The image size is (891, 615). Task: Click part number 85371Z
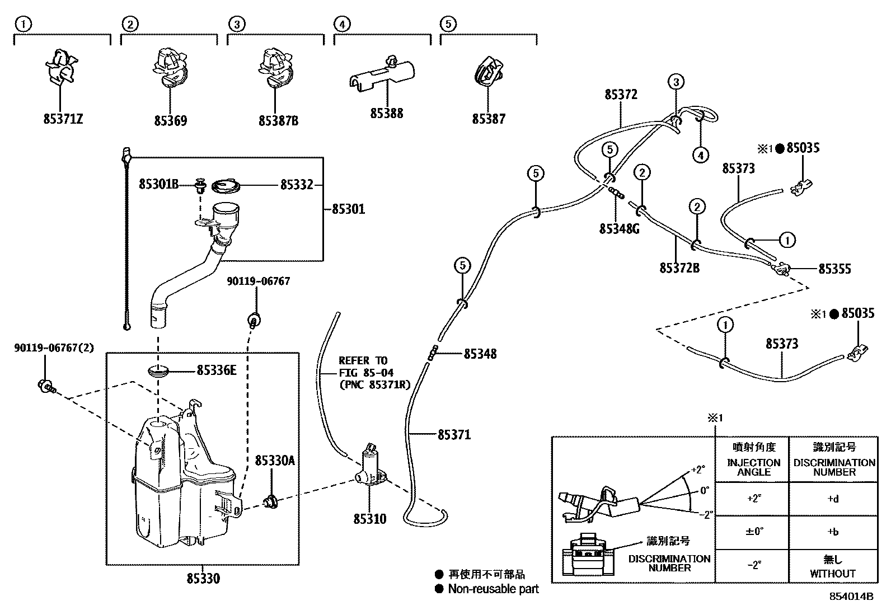pyautogui.click(x=63, y=119)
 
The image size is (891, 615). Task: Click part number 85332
pyautogui.click(x=297, y=185)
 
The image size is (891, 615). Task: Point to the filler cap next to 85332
pyautogui.click(x=226, y=186)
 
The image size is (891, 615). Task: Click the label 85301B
pyautogui.click(x=159, y=184)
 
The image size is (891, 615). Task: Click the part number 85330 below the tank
pyautogui.click(x=203, y=579)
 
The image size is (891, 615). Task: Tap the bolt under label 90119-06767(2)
pyautogui.click(x=46, y=386)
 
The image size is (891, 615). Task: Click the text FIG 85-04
pyautogui.click(x=366, y=373)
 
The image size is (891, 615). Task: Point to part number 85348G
pyautogui.click(x=620, y=229)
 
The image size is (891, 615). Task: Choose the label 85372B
pyautogui.click(x=679, y=268)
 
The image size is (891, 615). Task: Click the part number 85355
pyautogui.click(x=834, y=269)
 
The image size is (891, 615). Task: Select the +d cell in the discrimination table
pyautogui.click(x=833, y=499)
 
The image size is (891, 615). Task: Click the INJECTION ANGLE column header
pyautogui.click(x=754, y=467)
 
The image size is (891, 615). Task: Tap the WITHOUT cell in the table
pyautogui.click(x=833, y=574)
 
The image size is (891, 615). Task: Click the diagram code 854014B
pyautogui.click(x=851, y=597)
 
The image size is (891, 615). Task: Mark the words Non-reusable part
pyautogui.click(x=493, y=589)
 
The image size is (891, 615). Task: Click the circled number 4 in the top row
pyautogui.click(x=342, y=24)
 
